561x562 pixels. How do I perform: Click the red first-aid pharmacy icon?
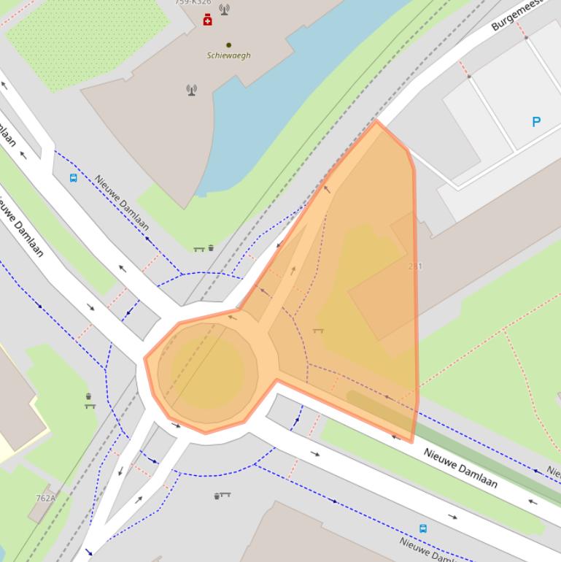tap(207, 20)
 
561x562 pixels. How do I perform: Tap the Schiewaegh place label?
tap(228, 55)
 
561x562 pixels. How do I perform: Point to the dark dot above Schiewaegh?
tap(228, 45)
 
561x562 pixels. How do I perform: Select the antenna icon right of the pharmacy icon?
tap(224, 9)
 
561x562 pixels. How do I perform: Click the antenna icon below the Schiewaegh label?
tap(191, 91)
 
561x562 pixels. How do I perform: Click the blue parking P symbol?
tap(536, 122)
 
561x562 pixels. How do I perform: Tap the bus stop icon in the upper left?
tap(73, 177)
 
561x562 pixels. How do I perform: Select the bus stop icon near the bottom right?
tap(422, 528)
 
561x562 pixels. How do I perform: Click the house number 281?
tap(415, 266)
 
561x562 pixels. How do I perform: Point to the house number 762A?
tap(45, 499)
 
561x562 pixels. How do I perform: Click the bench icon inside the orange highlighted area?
tap(317, 331)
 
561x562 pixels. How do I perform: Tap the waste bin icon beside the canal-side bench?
tap(211, 248)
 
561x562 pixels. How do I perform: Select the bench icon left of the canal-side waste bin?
tap(198, 249)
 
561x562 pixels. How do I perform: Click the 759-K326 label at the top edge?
tap(193, 2)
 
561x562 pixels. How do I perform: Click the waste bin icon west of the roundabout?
tap(88, 396)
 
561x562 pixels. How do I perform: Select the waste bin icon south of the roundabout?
tap(217, 496)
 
